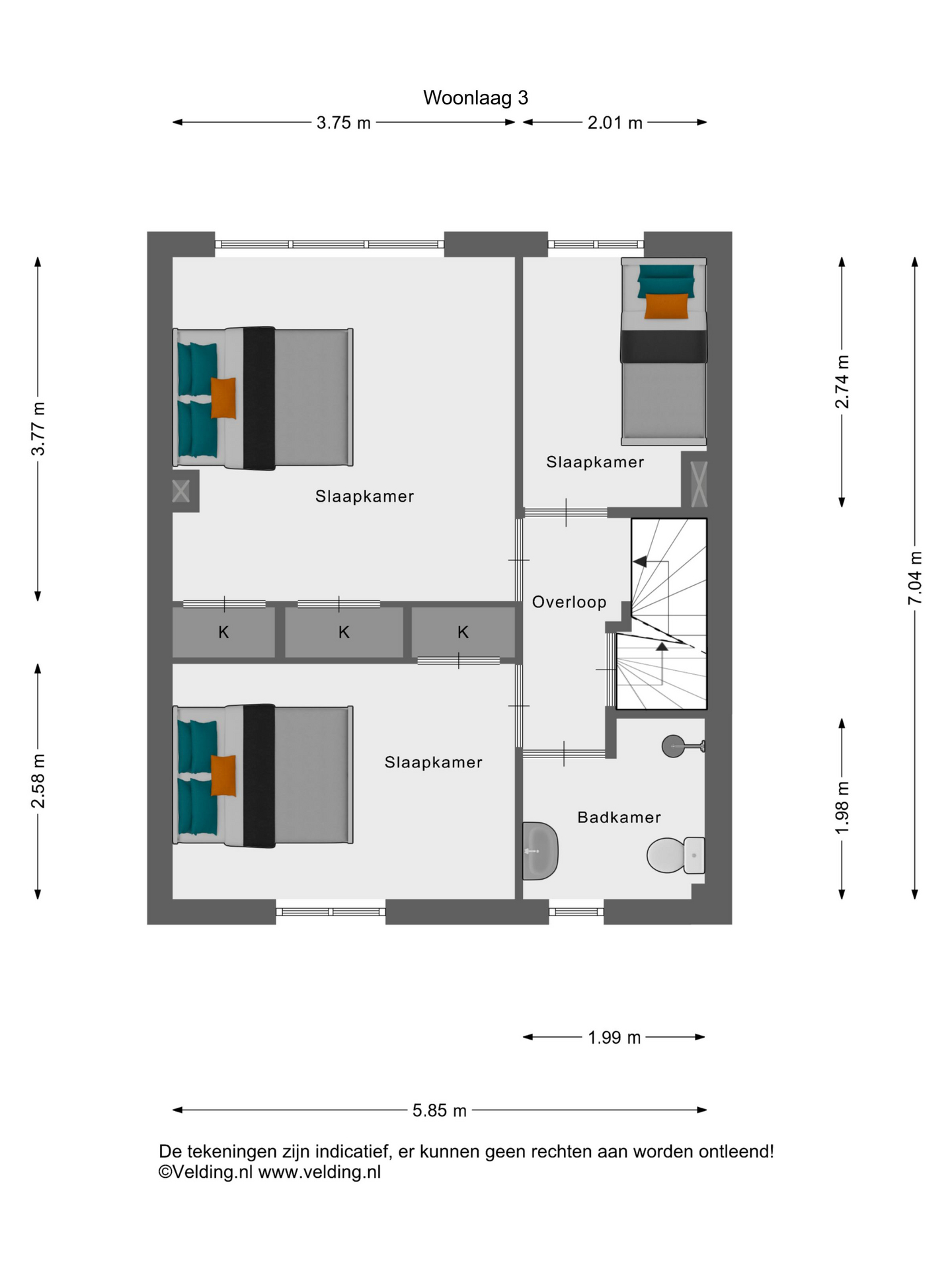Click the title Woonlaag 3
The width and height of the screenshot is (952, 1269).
tap(475, 98)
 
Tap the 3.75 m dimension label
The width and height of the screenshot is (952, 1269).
tap(343, 123)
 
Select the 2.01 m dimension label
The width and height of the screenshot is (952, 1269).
tap(615, 123)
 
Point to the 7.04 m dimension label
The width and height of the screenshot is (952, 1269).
tap(915, 578)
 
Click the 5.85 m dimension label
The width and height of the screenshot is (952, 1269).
tap(440, 1110)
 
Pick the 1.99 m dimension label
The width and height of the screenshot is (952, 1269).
tap(615, 1038)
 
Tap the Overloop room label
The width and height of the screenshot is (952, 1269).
tap(569, 602)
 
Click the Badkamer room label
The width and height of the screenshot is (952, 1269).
tap(619, 818)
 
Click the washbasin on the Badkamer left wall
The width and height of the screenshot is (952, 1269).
tap(540, 851)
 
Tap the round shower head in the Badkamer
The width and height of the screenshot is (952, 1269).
tap(674, 746)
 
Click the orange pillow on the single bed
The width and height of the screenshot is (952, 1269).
tap(666, 306)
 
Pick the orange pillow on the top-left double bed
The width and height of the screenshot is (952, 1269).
tap(223, 398)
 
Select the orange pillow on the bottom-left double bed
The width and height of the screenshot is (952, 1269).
tap(223, 775)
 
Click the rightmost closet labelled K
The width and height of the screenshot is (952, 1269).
tap(463, 633)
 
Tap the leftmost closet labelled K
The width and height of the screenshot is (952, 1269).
tap(223, 633)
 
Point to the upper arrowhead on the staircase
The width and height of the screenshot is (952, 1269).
tap(639, 562)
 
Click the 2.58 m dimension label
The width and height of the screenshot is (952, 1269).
tap(38, 781)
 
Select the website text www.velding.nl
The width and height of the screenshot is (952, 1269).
tap(319, 1173)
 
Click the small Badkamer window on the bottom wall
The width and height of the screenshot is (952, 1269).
tap(576, 912)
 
